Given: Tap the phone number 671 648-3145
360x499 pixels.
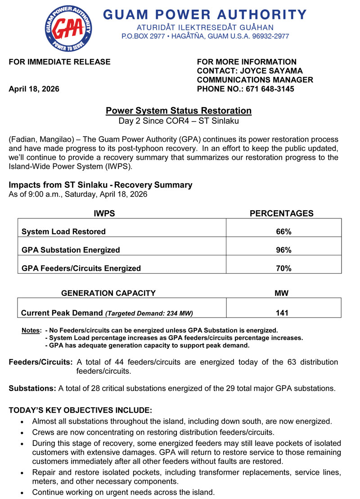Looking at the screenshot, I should click(270, 89).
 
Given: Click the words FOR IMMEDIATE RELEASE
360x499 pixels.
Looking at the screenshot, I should click(59, 62).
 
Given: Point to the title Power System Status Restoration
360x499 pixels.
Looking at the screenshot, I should click(179, 111).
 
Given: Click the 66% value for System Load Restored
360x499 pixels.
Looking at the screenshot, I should click(283, 231).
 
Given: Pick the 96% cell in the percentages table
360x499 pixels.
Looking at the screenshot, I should click(283, 250).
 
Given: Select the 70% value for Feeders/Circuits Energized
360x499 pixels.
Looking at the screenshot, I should click(283, 268).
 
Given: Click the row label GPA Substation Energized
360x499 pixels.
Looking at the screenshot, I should click(71, 250).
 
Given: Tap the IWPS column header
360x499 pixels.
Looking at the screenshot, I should click(104, 213).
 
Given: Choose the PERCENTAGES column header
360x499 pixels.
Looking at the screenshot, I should click(281, 213).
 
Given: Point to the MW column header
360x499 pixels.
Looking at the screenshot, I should click(281, 293).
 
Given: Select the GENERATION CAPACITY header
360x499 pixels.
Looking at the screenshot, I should click(108, 293).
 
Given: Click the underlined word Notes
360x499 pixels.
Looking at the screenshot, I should click(31, 331).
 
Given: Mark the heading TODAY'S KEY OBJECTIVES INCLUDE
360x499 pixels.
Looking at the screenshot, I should click(81, 410).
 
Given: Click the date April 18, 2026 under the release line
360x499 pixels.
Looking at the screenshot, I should click(34, 89).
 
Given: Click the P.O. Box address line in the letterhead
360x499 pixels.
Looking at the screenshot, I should click(205, 36).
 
